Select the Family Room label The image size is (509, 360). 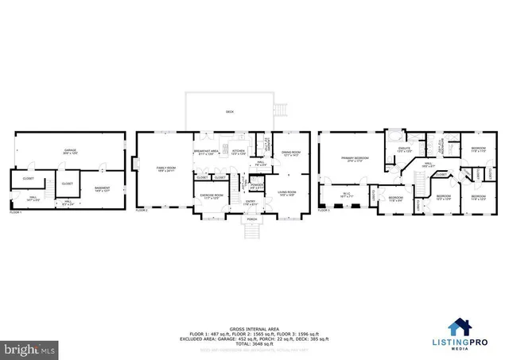pyautogui.click(x=165, y=168)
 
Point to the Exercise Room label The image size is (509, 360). pyautogui.click(x=212, y=195)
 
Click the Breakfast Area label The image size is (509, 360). pyautogui.click(x=206, y=151)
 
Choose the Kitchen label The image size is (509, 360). pyautogui.click(x=238, y=151)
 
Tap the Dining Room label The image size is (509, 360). pyautogui.click(x=291, y=153)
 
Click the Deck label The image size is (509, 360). pyautogui.click(x=229, y=112)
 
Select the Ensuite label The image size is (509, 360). pyautogui.click(x=403, y=149)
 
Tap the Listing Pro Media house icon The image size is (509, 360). pyautogui.click(x=460, y=326)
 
